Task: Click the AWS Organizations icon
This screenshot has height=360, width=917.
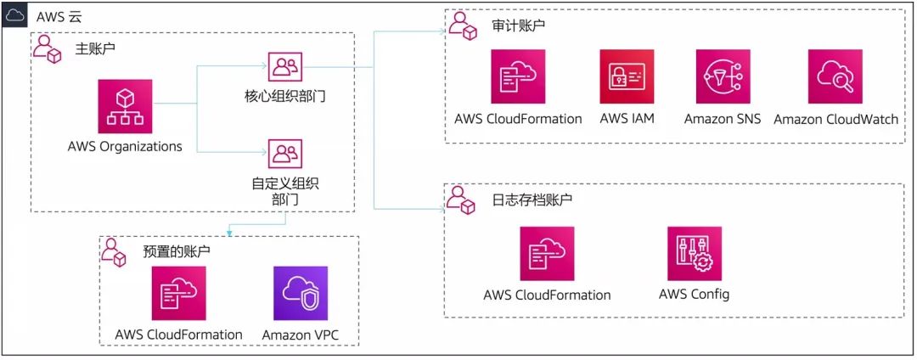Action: (125, 106)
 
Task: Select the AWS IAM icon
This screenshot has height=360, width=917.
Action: (627, 76)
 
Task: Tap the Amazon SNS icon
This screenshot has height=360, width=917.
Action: (723, 76)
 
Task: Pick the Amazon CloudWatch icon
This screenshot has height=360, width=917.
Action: (835, 76)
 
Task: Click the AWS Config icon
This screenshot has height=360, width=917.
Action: (694, 253)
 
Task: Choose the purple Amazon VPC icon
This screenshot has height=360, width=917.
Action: (300, 293)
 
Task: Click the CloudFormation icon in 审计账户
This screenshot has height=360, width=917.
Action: (518, 76)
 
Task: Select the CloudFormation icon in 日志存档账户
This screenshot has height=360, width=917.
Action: (547, 253)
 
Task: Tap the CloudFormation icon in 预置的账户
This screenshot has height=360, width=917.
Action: (178, 293)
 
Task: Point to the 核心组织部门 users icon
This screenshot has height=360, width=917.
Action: (284, 67)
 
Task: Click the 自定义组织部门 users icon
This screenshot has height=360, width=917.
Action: (284, 154)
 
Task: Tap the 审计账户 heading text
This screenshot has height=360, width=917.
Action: (518, 26)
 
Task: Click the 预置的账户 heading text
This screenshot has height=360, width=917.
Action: (177, 251)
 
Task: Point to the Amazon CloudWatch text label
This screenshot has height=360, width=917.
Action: (835, 119)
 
